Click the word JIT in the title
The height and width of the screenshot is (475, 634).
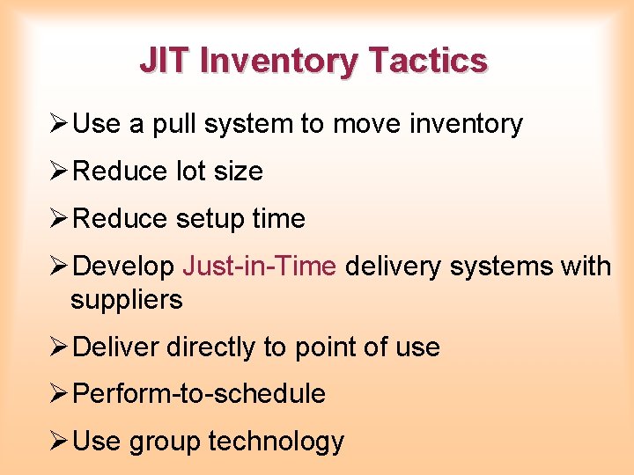(166, 61)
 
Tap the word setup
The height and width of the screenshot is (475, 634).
(209, 218)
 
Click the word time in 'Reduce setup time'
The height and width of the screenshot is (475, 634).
(278, 218)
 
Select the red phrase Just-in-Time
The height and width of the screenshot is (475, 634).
(260, 266)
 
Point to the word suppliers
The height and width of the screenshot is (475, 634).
(127, 300)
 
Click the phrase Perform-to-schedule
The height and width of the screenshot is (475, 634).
(199, 394)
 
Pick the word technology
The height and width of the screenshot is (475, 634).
(276, 442)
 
